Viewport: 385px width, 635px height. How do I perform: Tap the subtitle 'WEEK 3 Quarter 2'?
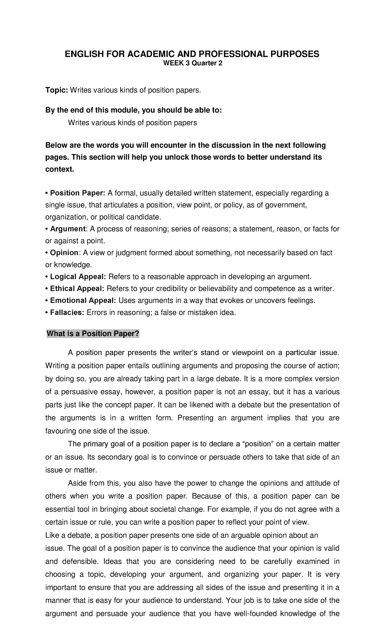193,64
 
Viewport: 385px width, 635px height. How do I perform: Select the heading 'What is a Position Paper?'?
93,334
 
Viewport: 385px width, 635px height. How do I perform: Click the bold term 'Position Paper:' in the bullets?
77,193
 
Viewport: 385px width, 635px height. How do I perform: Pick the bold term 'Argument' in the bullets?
67,229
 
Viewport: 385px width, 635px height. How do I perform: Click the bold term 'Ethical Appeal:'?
77,289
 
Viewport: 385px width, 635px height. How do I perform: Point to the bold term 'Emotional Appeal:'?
82,300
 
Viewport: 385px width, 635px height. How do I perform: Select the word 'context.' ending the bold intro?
60,169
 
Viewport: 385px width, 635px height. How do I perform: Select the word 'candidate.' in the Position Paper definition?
143,217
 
